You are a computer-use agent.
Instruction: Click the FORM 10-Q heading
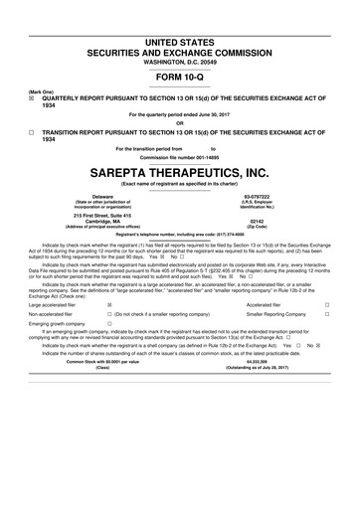(180, 76)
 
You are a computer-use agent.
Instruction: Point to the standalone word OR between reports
(180, 123)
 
